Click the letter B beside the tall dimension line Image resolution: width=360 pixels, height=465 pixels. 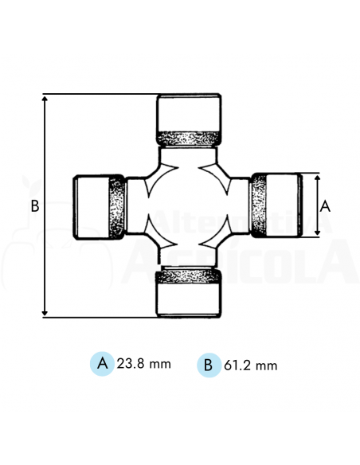pyautogui.click(x=34, y=205)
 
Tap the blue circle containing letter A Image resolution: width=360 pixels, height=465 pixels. pyautogui.click(x=102, y=364)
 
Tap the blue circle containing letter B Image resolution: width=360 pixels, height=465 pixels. pyautogui.click(x=208, y=365)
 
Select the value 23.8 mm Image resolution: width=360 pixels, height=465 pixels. pyautogui.click(x=143, y=364)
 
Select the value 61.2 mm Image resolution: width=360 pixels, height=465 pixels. pyautogui.click(x=250, y=365)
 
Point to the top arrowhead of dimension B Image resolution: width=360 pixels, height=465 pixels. pyautogui.click(x=45, y=99)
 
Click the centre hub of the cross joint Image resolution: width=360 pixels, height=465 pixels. pyautogui.click(x=189, y=206)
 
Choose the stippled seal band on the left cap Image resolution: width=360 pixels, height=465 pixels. pyautogui.click(x=116, y=206)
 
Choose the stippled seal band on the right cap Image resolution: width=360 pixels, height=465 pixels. pyautogui.click(x=259, y=205)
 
